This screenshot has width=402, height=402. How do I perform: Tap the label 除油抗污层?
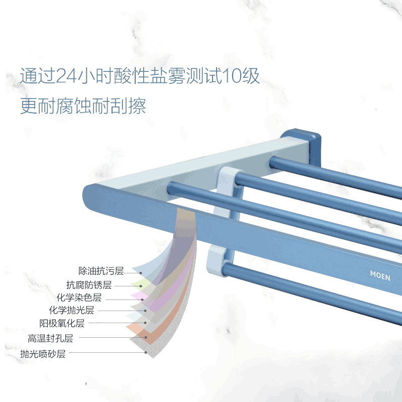coord(101,271)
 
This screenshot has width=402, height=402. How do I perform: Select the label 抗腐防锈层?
coord(89,285)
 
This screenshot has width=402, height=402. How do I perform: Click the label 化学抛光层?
coord(71,311)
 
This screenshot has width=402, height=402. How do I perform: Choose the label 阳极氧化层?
coord(62,323)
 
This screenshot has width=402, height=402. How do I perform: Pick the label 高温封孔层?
coord(51,338)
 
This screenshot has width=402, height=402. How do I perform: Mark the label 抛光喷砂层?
coord(43,353)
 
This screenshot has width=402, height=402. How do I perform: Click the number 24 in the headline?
coord(65,77)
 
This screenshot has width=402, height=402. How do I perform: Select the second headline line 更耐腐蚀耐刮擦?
coord(83,106)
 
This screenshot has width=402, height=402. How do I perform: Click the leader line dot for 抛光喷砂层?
coord(146,353)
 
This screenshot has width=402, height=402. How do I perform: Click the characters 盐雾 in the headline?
coord(172,77)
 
